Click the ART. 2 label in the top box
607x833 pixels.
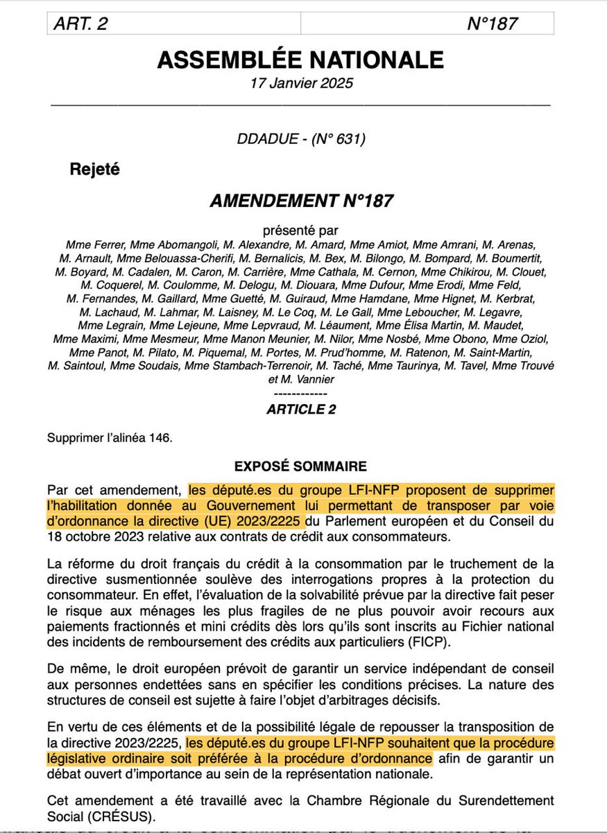(82, 23)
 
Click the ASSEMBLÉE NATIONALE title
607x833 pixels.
(300, 60)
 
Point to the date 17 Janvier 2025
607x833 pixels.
(302, 83)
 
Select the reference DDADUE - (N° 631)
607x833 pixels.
(301, 139)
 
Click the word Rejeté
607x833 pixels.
(95, 169)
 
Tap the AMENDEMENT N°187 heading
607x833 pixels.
(301, 201)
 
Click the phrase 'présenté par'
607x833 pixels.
(301, 230)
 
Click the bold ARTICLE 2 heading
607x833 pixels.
(301, 410)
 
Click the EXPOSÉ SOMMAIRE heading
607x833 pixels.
(300, 465)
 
